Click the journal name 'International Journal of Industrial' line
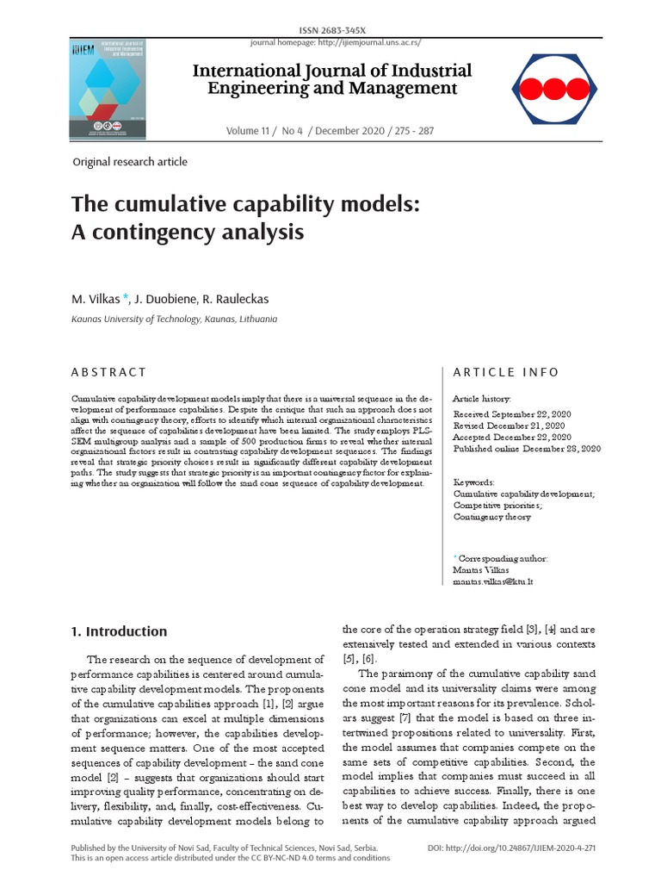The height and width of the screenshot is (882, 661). point(331,71)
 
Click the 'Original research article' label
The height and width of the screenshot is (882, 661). point(130,161)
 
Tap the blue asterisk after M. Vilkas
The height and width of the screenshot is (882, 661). point(126,298)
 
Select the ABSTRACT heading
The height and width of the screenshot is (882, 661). point(108,372)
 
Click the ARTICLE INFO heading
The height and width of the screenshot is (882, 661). point(506,372)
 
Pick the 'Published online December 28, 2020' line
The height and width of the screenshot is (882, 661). point(527,448)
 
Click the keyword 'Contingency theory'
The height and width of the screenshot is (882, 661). point(491,517)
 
